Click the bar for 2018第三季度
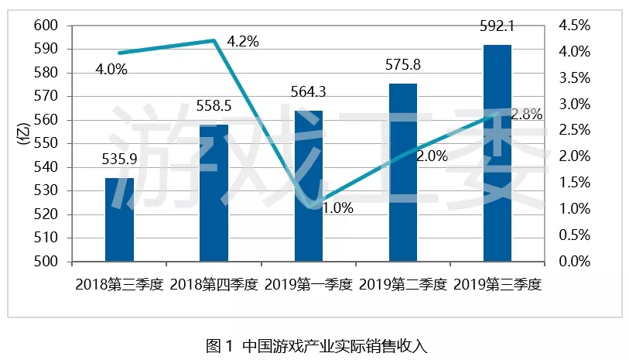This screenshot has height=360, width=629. pos(119,220)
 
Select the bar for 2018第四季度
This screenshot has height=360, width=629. pos(214,194)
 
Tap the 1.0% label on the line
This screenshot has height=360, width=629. pos(338,207)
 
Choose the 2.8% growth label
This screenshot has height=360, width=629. pos(527,114)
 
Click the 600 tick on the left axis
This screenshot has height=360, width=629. pos(47,26)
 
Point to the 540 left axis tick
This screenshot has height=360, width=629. pos(47,167)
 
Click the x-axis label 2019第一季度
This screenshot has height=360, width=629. pos(308,284)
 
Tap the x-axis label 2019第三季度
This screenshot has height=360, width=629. pos(497,284)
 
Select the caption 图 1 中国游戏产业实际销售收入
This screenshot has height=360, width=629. pos(316,345)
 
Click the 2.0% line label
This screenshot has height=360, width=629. pos(432,156)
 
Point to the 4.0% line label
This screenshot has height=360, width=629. pos(111,70)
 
